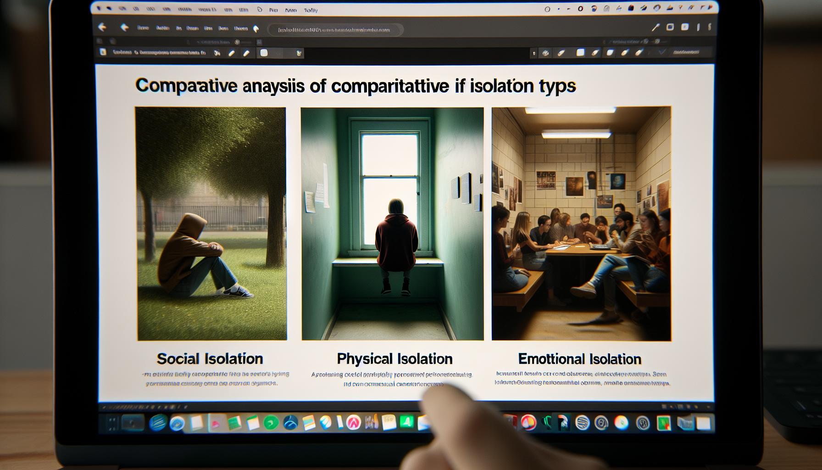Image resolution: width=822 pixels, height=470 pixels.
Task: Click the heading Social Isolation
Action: (x=210, y=358)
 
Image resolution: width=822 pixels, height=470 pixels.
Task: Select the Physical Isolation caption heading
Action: (x=394, y=358)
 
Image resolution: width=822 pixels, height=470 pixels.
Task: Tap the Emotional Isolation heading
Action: (x=579, y=358)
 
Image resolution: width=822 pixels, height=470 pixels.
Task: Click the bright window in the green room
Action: (x=390, y=184)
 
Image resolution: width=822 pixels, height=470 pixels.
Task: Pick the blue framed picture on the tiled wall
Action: (x=618, y=181)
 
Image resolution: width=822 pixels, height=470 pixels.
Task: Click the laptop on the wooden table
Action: (x=601, y=247)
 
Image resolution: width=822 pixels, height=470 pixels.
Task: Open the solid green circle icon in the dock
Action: (x=271, y=422)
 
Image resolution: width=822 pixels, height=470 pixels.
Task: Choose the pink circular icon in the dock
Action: (x=353, y=422)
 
